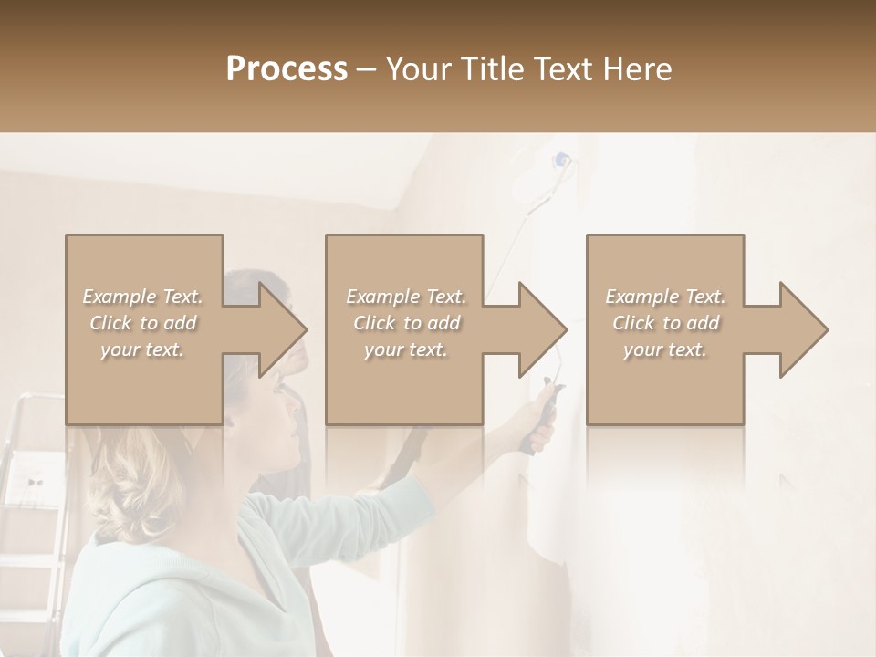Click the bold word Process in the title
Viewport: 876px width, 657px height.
click(287, 69)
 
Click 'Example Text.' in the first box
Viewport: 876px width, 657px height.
click(143, 297)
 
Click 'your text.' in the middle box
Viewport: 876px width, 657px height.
click(405, 349)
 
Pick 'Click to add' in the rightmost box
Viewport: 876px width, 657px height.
click(665, 323)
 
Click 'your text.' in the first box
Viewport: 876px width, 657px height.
click(143, 349)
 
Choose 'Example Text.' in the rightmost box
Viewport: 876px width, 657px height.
click(665, 297)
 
